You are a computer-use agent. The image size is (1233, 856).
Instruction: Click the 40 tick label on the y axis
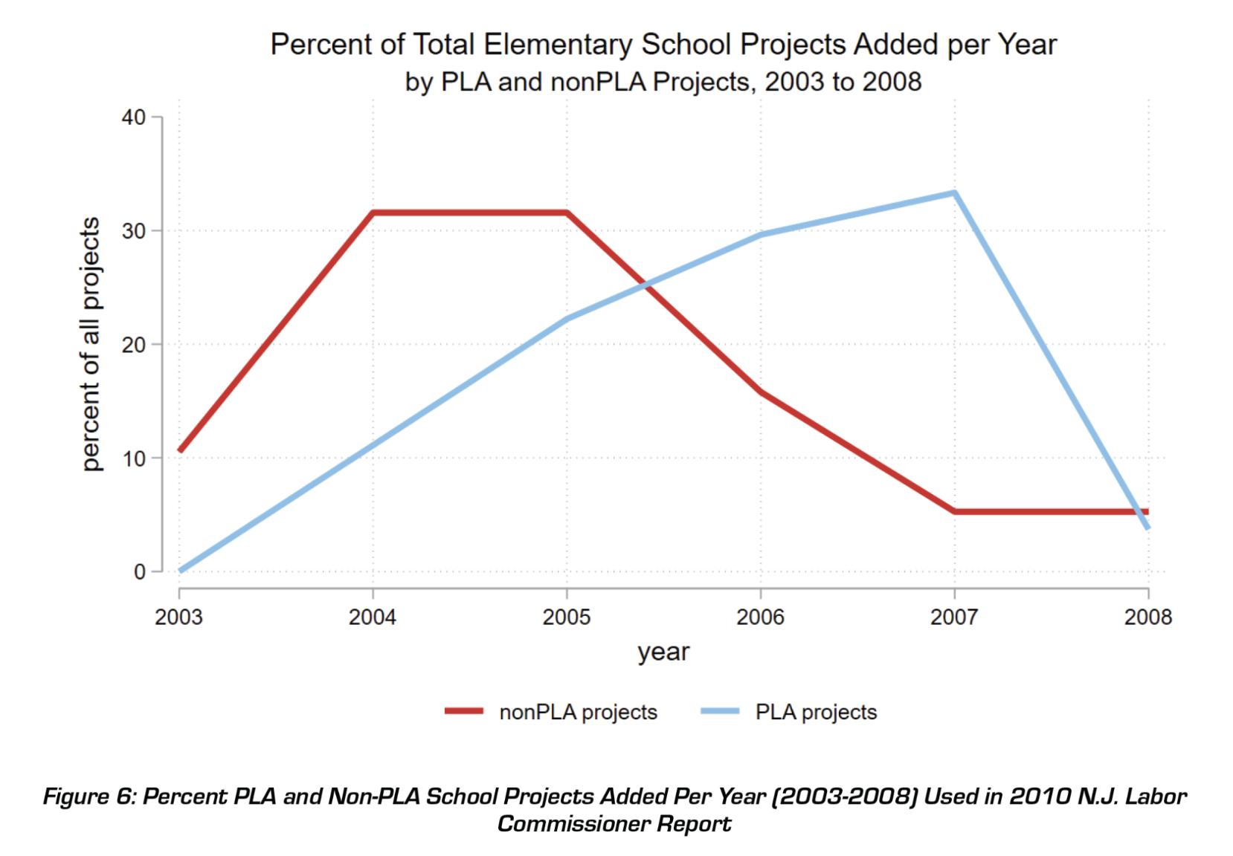click(133, 117)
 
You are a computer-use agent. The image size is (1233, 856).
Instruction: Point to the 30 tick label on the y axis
click(133, 231)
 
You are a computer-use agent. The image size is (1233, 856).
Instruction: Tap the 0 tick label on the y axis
click(140, 571)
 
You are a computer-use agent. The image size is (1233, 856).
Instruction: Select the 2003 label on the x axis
click(179, 617)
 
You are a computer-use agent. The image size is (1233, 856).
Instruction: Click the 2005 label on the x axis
click(567, 617)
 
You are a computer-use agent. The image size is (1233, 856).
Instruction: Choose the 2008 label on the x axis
click(1148, 617)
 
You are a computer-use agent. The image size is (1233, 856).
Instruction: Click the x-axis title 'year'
click(663, 653)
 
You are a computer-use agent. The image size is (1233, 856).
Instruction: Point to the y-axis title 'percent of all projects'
click(91, 344)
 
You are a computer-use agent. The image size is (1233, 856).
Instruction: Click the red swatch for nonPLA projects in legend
click(464, 711)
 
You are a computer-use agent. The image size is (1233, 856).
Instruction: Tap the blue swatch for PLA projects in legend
click(720, 711)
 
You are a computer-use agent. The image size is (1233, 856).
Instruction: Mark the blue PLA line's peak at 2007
click(954, 192)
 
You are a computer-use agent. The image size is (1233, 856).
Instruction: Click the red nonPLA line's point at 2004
click(373, 213)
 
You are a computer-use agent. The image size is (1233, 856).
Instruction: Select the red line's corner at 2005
click(567, 213)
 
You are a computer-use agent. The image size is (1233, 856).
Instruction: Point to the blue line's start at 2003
click(180, 571)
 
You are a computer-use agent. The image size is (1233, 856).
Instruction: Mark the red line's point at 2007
click(954, 512)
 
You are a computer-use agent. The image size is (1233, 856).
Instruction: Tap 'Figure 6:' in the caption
click(89, 796)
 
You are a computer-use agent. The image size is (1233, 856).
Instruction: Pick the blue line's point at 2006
click(761, 235)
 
